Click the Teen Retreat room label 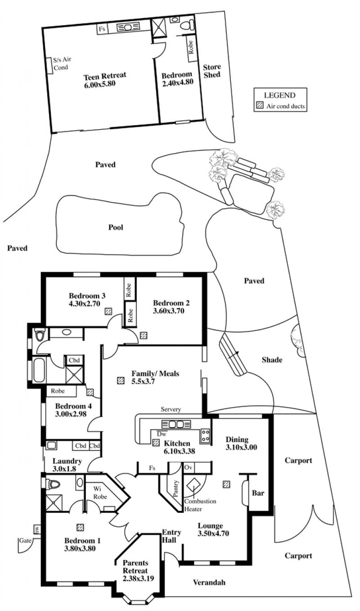(x=105, y=75)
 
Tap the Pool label (x=116, y=227)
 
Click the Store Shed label (x=212, y=71)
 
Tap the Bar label (x=257, y=493)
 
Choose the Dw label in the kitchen (x=162, y=434)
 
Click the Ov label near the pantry (x=188, y=468)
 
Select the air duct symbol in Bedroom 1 (x=81, y=527)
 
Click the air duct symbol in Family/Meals (x=120, y=380)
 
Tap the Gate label (x=24, y=540)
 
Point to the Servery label (x=171, y=409)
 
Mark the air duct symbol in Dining (x=226, y=484)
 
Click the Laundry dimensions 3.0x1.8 (x=67, y=469)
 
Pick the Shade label (x=272, y=360)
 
